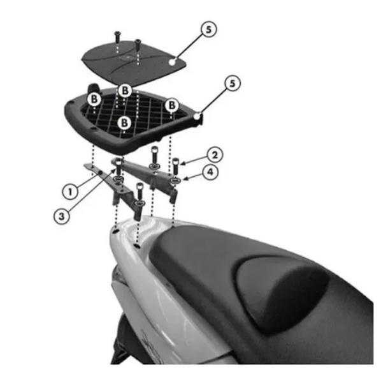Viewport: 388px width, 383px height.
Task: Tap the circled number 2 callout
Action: pyautogui.click(x=215, y=155)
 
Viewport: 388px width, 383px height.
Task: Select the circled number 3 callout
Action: pyautogui.click(x=62, y=216)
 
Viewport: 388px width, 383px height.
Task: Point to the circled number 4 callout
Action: pyautogui.click(x=210, y=172)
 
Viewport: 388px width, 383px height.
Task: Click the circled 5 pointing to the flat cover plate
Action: pyautogui.click(x=208, y=29)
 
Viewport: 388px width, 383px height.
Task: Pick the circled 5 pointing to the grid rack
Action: pyautogui.click(x=233, y=84)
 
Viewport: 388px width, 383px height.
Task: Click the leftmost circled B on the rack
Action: pyautogui.click(x=94, y=99)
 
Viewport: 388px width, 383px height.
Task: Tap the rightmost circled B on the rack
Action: pyautogui.click(x=172, y=105)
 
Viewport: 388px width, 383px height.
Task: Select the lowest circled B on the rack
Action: pyautogui.click(x=124, y=123)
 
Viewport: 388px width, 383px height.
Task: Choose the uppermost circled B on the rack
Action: pyautogui.click(x=125, y=91)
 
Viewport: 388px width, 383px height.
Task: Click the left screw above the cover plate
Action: pyautogui.click(x=117, y=37)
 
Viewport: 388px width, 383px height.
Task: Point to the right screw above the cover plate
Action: pyautogui.click(x=138, y=44)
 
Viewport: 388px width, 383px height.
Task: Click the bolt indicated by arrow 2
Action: pyautogui.click(x=176, y=166)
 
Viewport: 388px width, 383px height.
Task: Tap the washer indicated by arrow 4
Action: pyautogui.click(x=175, y=181)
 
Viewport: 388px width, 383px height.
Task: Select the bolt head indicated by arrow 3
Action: pyautogui.click(x=119, y=162)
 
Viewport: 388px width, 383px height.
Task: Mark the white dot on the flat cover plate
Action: pyautogui.click(x=172, y=63)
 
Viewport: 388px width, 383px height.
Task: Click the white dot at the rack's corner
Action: pyautogui.click(x=197, y=116)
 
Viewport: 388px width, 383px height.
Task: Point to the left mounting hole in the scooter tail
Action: pyautogui.click(x=115, y=231)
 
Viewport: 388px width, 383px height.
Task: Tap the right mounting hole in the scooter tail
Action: pyautogui.click(x=136, y=246)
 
